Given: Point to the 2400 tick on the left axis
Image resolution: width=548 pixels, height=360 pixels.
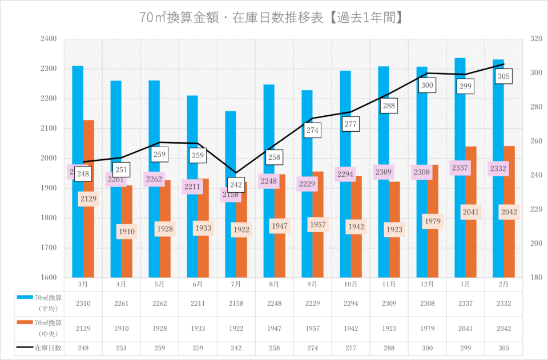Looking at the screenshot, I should pyautogui.click(x=49, y=39).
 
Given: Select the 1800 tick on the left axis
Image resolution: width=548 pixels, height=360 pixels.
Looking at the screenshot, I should pyautogui.click(x=49, y=218).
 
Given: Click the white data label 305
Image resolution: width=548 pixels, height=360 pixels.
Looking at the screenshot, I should pyautogui.click(x=504, y=76).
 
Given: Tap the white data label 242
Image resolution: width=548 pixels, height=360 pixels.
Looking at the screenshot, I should pyautogui.click(x=236, y=185).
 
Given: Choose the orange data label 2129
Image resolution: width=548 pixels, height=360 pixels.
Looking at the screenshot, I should pyautogui.click(x=88, y=199).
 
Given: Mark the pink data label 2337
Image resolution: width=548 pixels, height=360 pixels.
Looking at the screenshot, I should pyautogui.click(x=460, y=168).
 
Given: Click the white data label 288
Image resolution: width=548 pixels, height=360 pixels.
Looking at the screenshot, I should pyautogui.click(x=389, y=106).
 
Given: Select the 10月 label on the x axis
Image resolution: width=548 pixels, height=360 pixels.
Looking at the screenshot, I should pyautogui.click(x=350, y=284).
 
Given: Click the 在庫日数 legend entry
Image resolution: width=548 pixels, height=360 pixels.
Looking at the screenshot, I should pyautogui.click(x=39, y=347).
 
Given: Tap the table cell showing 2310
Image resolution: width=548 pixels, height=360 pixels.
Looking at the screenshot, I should pyautogui.click(x=83, y=303).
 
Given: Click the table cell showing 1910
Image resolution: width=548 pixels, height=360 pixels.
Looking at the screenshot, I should pyautogui.click(x=121, y=329).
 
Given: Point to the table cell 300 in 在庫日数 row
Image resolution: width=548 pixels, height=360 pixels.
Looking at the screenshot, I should pyautogui.click(x=427, y=347).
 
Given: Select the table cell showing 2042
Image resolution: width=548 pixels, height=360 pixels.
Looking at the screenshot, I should pyautogui.click(x=503, y=329).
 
